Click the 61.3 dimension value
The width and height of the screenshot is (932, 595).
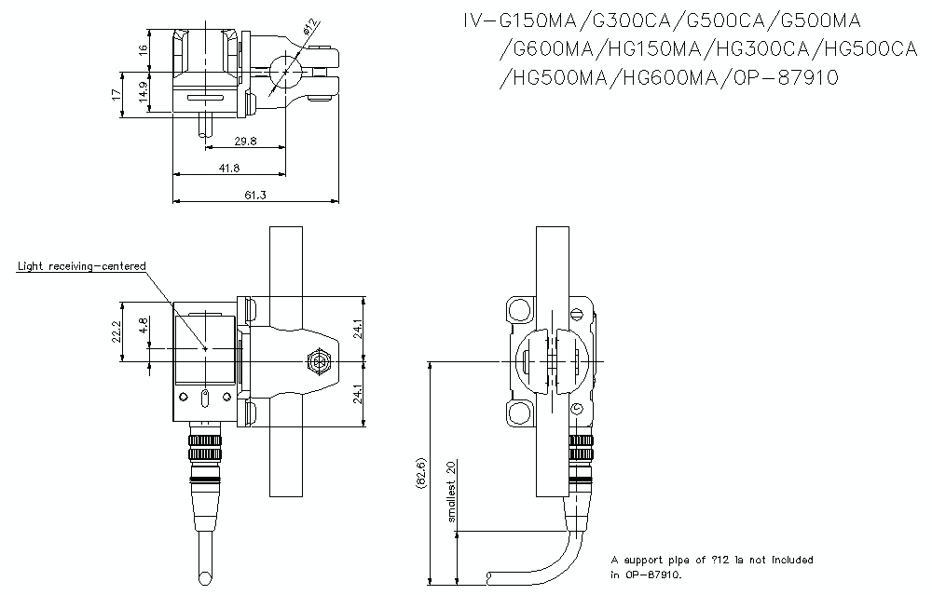(255, 195)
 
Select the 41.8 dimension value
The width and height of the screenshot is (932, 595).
(228, 168)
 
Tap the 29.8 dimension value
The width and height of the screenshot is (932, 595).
(246, 142)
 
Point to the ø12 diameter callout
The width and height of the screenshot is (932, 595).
(310, 35)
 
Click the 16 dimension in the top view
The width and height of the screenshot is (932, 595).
(143, 50)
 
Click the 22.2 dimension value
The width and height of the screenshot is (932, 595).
(116, 332)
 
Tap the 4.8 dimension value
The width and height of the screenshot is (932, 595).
(143, 326)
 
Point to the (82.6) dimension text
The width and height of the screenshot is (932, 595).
(421, 475)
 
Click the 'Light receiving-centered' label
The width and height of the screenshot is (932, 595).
(82, 266)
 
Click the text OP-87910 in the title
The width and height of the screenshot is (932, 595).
(786, 77)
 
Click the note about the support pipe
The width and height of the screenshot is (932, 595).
(712, 566)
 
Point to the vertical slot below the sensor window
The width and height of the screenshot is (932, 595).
(204, 399)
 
